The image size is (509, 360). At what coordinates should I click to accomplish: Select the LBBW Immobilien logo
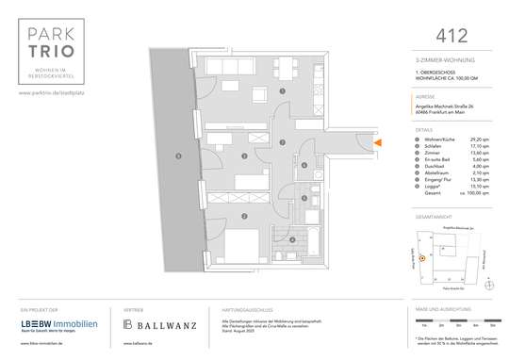(51, 324)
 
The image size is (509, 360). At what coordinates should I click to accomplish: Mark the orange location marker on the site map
(422, 257)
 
